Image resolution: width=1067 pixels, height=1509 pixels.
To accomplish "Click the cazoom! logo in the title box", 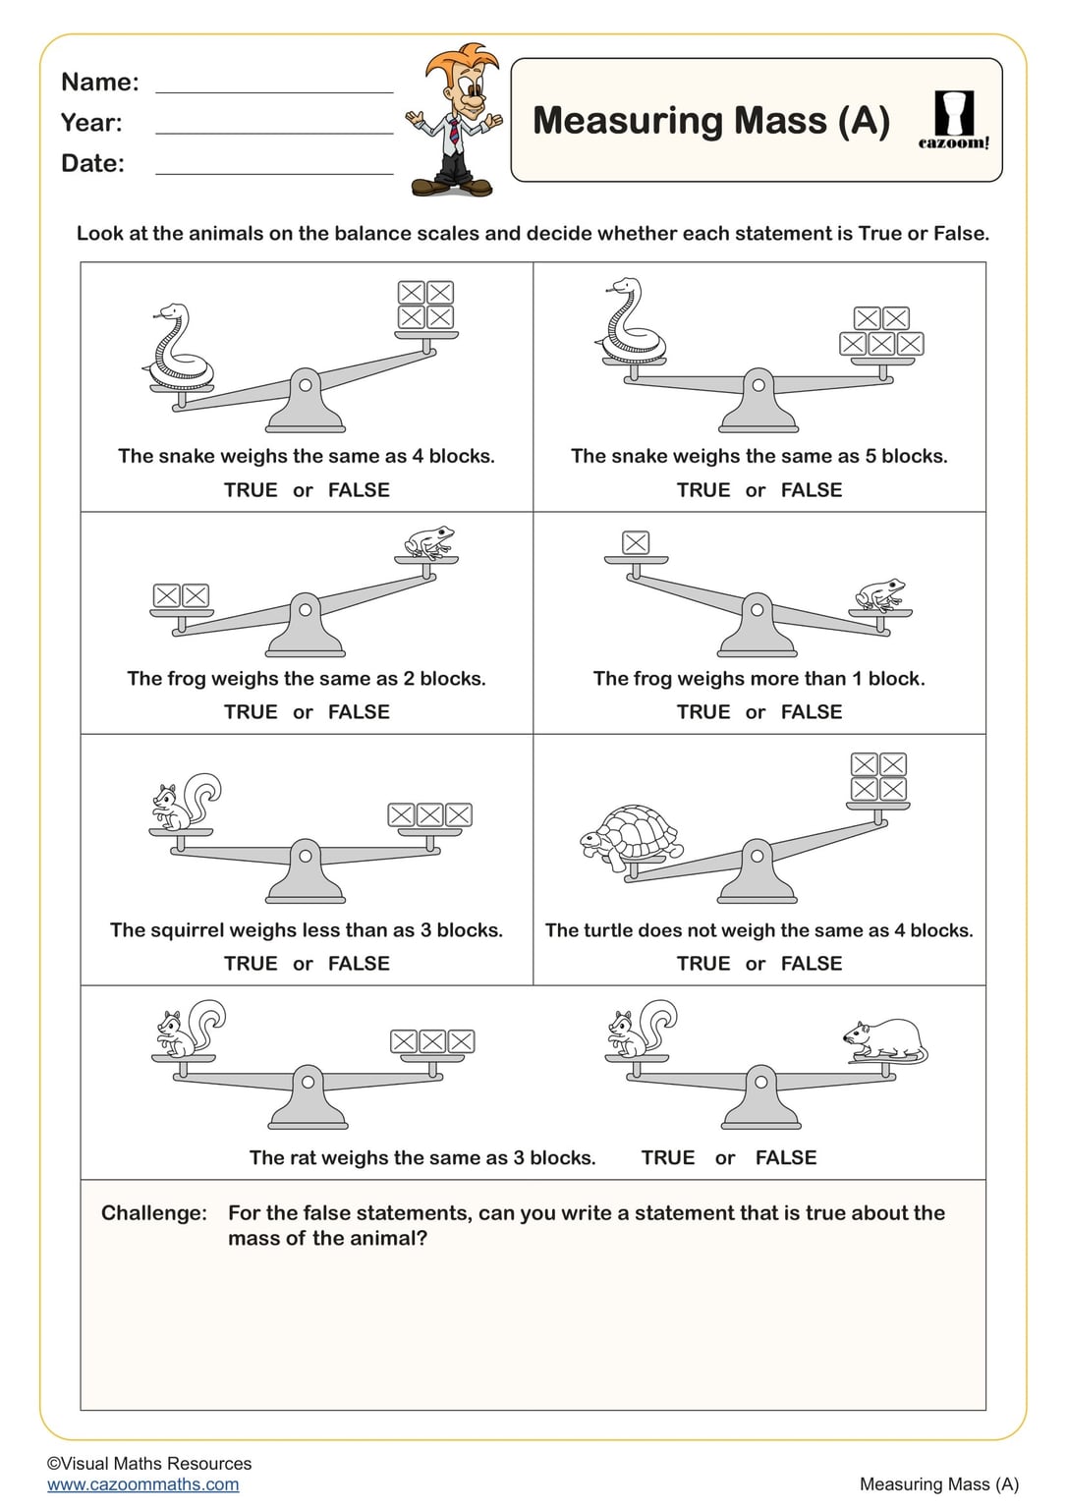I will click(x=953, y=121).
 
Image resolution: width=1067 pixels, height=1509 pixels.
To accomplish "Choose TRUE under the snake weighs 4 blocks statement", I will click(x=251, y=490).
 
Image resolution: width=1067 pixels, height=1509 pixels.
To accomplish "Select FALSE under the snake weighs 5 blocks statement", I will click(x=812, y=490).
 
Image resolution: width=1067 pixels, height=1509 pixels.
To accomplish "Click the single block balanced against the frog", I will click(x=636, y=542).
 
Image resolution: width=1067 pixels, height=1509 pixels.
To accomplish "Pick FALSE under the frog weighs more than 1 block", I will click(x=812, y=712).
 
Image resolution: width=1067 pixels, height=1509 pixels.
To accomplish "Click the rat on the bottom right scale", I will click(x=885, y=1040).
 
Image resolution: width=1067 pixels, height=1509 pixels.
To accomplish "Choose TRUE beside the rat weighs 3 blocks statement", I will click(x=668, y=1158).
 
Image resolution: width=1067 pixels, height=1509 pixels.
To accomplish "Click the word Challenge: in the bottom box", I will click(x=154, y=1213).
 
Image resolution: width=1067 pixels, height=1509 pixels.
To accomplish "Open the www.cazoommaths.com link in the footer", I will click(x=143, y=1484).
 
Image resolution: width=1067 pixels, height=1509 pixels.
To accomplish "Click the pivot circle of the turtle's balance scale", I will click(x=757, y=856).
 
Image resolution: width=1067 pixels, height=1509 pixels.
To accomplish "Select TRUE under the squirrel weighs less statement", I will click(x=251, y=964).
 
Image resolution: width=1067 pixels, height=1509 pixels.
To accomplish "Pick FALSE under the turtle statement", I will click(x=812, y=964).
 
